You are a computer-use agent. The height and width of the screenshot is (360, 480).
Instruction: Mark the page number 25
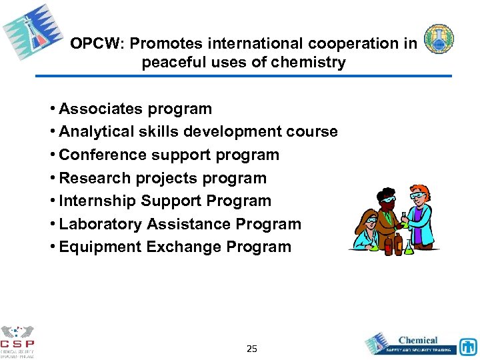click(251, 349)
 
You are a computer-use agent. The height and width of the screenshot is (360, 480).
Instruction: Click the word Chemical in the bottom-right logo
click(418, 340)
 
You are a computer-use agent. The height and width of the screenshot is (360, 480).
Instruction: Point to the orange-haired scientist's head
click(419, 195)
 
